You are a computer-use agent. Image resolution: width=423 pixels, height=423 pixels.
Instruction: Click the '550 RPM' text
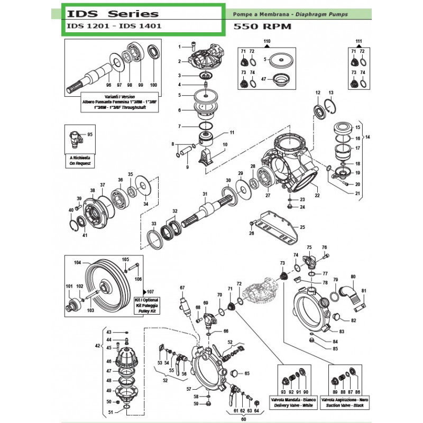[x=255, y=27]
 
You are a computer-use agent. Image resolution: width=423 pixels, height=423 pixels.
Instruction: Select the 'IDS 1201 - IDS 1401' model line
[x=113, y=25]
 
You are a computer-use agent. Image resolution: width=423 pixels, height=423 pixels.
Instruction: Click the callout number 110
[x=266, y=41]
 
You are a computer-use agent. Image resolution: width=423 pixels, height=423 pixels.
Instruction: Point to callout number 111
[x=358, y=41]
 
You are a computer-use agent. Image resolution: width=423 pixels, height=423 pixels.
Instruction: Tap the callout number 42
[x=96, y=346]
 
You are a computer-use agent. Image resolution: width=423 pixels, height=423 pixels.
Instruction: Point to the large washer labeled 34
[x=142, y=188]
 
